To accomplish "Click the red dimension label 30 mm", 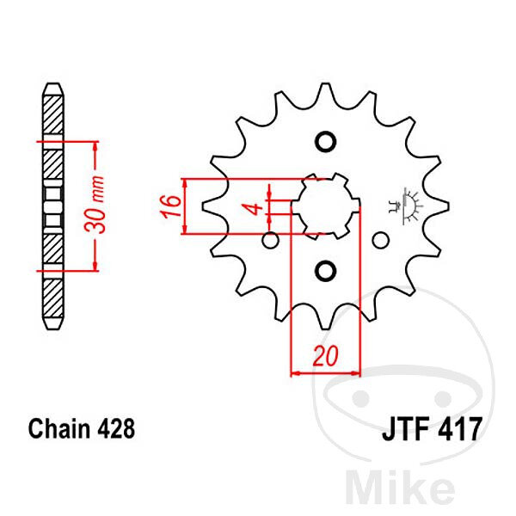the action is [95, 205].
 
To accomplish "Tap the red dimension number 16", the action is [170, 206].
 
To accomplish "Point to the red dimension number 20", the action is [325, 356].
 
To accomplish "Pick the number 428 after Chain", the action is [116, 428].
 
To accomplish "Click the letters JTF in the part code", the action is [405, 429].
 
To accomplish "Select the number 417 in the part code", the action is [459, 429].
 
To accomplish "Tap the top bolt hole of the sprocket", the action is [325, 142].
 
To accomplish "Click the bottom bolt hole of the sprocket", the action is [325, 271].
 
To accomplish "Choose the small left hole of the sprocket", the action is [271, 240].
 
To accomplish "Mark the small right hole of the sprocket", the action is [381, 240].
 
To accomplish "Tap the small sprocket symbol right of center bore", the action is [406, 206].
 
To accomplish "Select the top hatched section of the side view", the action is [53, 115].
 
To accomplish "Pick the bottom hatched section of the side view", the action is [53, 298].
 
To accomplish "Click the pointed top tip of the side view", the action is [53, 83].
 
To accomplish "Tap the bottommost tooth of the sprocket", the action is [325, 324].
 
